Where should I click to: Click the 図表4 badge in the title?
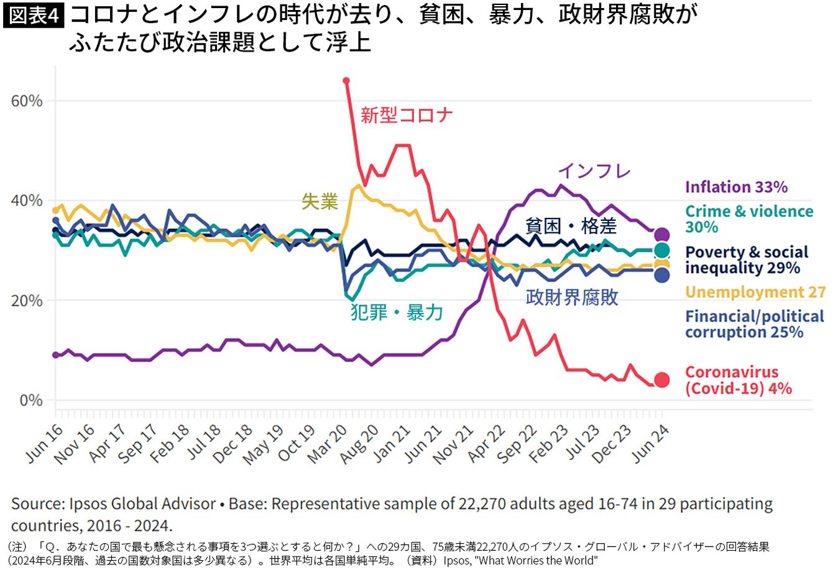34,16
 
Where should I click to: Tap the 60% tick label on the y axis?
27,101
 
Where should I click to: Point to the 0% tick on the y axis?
31,400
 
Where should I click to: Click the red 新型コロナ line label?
407,115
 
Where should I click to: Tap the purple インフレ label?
595,171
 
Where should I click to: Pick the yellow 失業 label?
320,202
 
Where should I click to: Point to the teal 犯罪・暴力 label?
397,312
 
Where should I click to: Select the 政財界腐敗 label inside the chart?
572,297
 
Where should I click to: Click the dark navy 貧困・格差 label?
571,226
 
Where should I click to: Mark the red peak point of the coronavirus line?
346,81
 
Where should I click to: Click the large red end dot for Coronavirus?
662,380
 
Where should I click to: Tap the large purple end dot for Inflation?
662,235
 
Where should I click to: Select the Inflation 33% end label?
736,187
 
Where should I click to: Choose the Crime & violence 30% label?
749,219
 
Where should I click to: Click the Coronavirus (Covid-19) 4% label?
739,380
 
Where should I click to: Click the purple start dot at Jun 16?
56,355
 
